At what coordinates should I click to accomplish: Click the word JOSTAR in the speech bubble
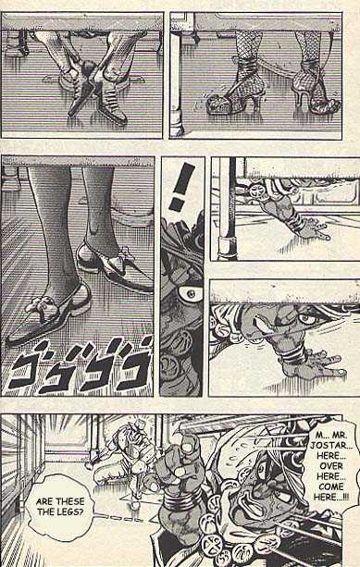pos(329,445)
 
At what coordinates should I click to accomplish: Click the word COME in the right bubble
pos(330,487)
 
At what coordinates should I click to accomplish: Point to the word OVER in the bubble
pos(330,466)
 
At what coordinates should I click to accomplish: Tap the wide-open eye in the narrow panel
pos(188,293)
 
